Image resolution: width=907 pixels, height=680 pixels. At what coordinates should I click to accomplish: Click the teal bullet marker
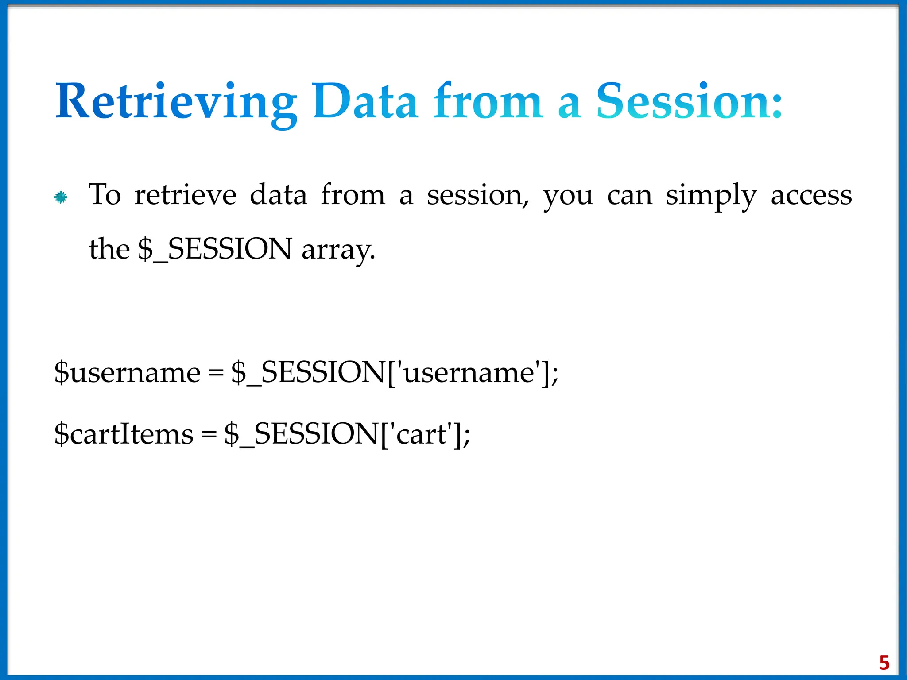pos(61,197)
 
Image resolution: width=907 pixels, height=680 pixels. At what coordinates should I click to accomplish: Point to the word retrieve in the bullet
pos(185,195)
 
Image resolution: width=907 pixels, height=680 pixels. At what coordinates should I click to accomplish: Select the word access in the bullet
pos(811,195)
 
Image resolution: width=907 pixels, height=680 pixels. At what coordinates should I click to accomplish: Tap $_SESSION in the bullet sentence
pos(215,249)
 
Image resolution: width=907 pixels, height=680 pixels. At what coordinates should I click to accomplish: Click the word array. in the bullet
pos(338,250)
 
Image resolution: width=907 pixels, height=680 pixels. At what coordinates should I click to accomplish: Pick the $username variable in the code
pos(127,372)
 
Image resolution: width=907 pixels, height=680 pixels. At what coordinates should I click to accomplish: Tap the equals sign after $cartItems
pos(209,435)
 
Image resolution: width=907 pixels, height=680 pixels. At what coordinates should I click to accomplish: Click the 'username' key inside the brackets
pos(469,372)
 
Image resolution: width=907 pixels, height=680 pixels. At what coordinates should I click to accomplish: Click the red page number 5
pos(884,663)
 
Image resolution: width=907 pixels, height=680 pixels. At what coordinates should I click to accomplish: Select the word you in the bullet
pos(568,196)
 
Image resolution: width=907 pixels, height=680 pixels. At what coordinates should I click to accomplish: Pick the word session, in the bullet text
pos(478,196)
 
